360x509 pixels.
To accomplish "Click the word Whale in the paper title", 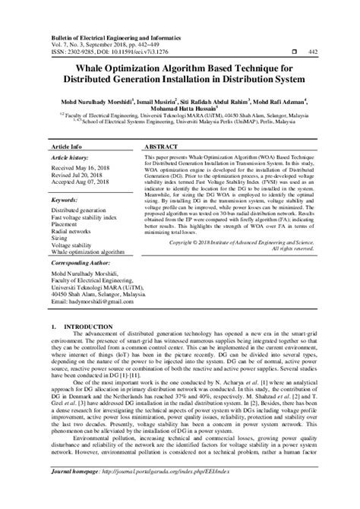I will pyautogui.click(x=79, y=67).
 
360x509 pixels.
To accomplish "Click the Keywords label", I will pyautogui.click(x=66, y=199).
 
